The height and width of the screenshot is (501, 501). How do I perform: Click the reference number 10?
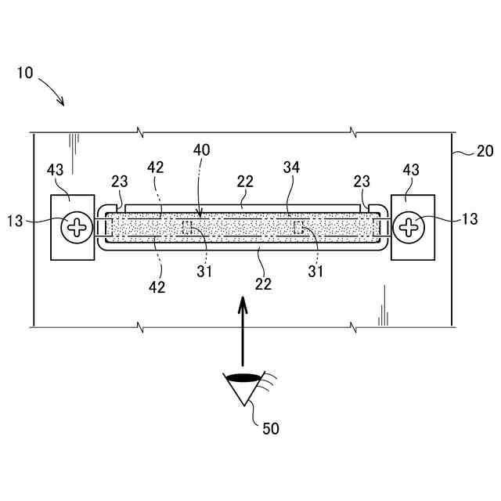coord(24,74)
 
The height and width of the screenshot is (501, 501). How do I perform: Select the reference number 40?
coord(201,149)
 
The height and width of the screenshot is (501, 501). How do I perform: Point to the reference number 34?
coord(292,167)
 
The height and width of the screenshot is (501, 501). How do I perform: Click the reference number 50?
coord(270,428)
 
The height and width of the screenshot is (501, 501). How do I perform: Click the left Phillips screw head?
coord(77,228)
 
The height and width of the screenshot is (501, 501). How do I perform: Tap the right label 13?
coord(469,220)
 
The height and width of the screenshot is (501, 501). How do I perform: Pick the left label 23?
coord(120,181)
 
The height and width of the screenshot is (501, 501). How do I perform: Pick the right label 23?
coord(362,181)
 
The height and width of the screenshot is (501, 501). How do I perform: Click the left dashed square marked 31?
coord(188,227)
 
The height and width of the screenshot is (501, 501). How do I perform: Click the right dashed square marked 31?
coord(298,227)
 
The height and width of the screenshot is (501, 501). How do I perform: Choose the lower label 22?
coord(264,283)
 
